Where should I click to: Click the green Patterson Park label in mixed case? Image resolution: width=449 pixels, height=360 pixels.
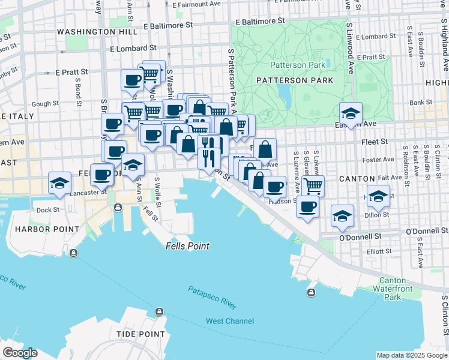coord(297,65)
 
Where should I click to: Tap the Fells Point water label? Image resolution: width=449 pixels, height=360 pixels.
coord(188,246)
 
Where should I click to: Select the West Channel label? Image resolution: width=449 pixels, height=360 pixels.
coord(230,321)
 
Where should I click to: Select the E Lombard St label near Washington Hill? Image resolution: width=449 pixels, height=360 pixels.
coord(133,48)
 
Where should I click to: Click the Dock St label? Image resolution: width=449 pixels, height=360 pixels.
coord(48,210)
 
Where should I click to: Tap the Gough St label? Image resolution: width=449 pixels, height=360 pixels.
coord(45,104)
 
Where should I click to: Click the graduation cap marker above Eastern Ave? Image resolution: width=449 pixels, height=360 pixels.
coord(350,112)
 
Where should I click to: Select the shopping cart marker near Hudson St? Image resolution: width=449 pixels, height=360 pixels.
coord(312,185)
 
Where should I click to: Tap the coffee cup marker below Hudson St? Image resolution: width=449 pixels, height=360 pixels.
coord(308,207)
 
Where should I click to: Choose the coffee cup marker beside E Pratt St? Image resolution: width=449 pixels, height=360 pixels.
coord(132,80)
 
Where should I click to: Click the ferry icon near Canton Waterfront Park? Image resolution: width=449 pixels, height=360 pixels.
coord(311,293)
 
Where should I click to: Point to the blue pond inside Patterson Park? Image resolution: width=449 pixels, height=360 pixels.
coord(283,91)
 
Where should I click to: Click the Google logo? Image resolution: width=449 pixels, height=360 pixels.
coord(20,353)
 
